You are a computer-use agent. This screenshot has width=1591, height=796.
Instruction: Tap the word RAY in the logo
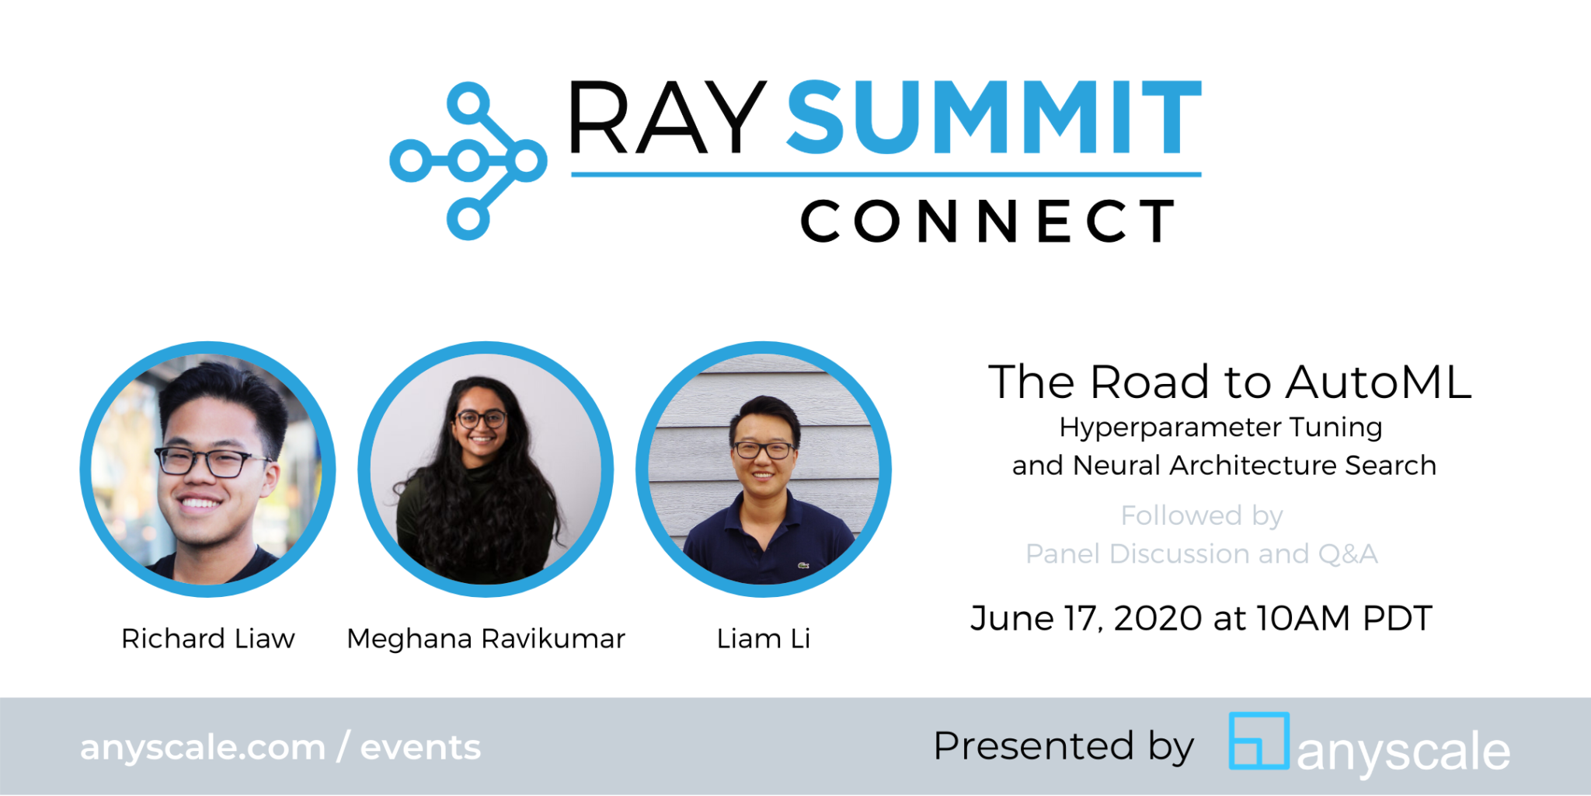[x=668, y=118]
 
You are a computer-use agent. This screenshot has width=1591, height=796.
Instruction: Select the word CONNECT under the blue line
[x=988, y=222]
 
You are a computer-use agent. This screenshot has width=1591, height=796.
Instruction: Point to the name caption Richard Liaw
[x=208, y=639]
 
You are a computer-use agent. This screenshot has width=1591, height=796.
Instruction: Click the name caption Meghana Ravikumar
[x=486, y=639]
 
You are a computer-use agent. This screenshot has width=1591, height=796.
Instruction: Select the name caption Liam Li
[x=763, y=639]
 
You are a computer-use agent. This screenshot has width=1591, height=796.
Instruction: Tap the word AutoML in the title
[x=1378, y=382]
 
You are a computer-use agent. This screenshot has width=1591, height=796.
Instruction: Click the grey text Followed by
[x=1201, y=515]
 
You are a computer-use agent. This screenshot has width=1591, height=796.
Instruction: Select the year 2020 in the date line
[x=1158, y=619]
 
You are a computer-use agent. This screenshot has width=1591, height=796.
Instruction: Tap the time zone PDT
[x=1397, y=619]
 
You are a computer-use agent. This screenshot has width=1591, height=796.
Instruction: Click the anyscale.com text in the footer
[x=203, y=748]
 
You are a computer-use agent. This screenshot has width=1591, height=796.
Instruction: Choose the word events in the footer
[x=420, y=748]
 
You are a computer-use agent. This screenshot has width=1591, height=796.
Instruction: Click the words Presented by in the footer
[x=1063, y=746]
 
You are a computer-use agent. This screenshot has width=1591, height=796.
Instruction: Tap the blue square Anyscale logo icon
[x=1259, y=741]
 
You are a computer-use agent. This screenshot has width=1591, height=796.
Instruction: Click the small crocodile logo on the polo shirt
[x=803, y=565]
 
